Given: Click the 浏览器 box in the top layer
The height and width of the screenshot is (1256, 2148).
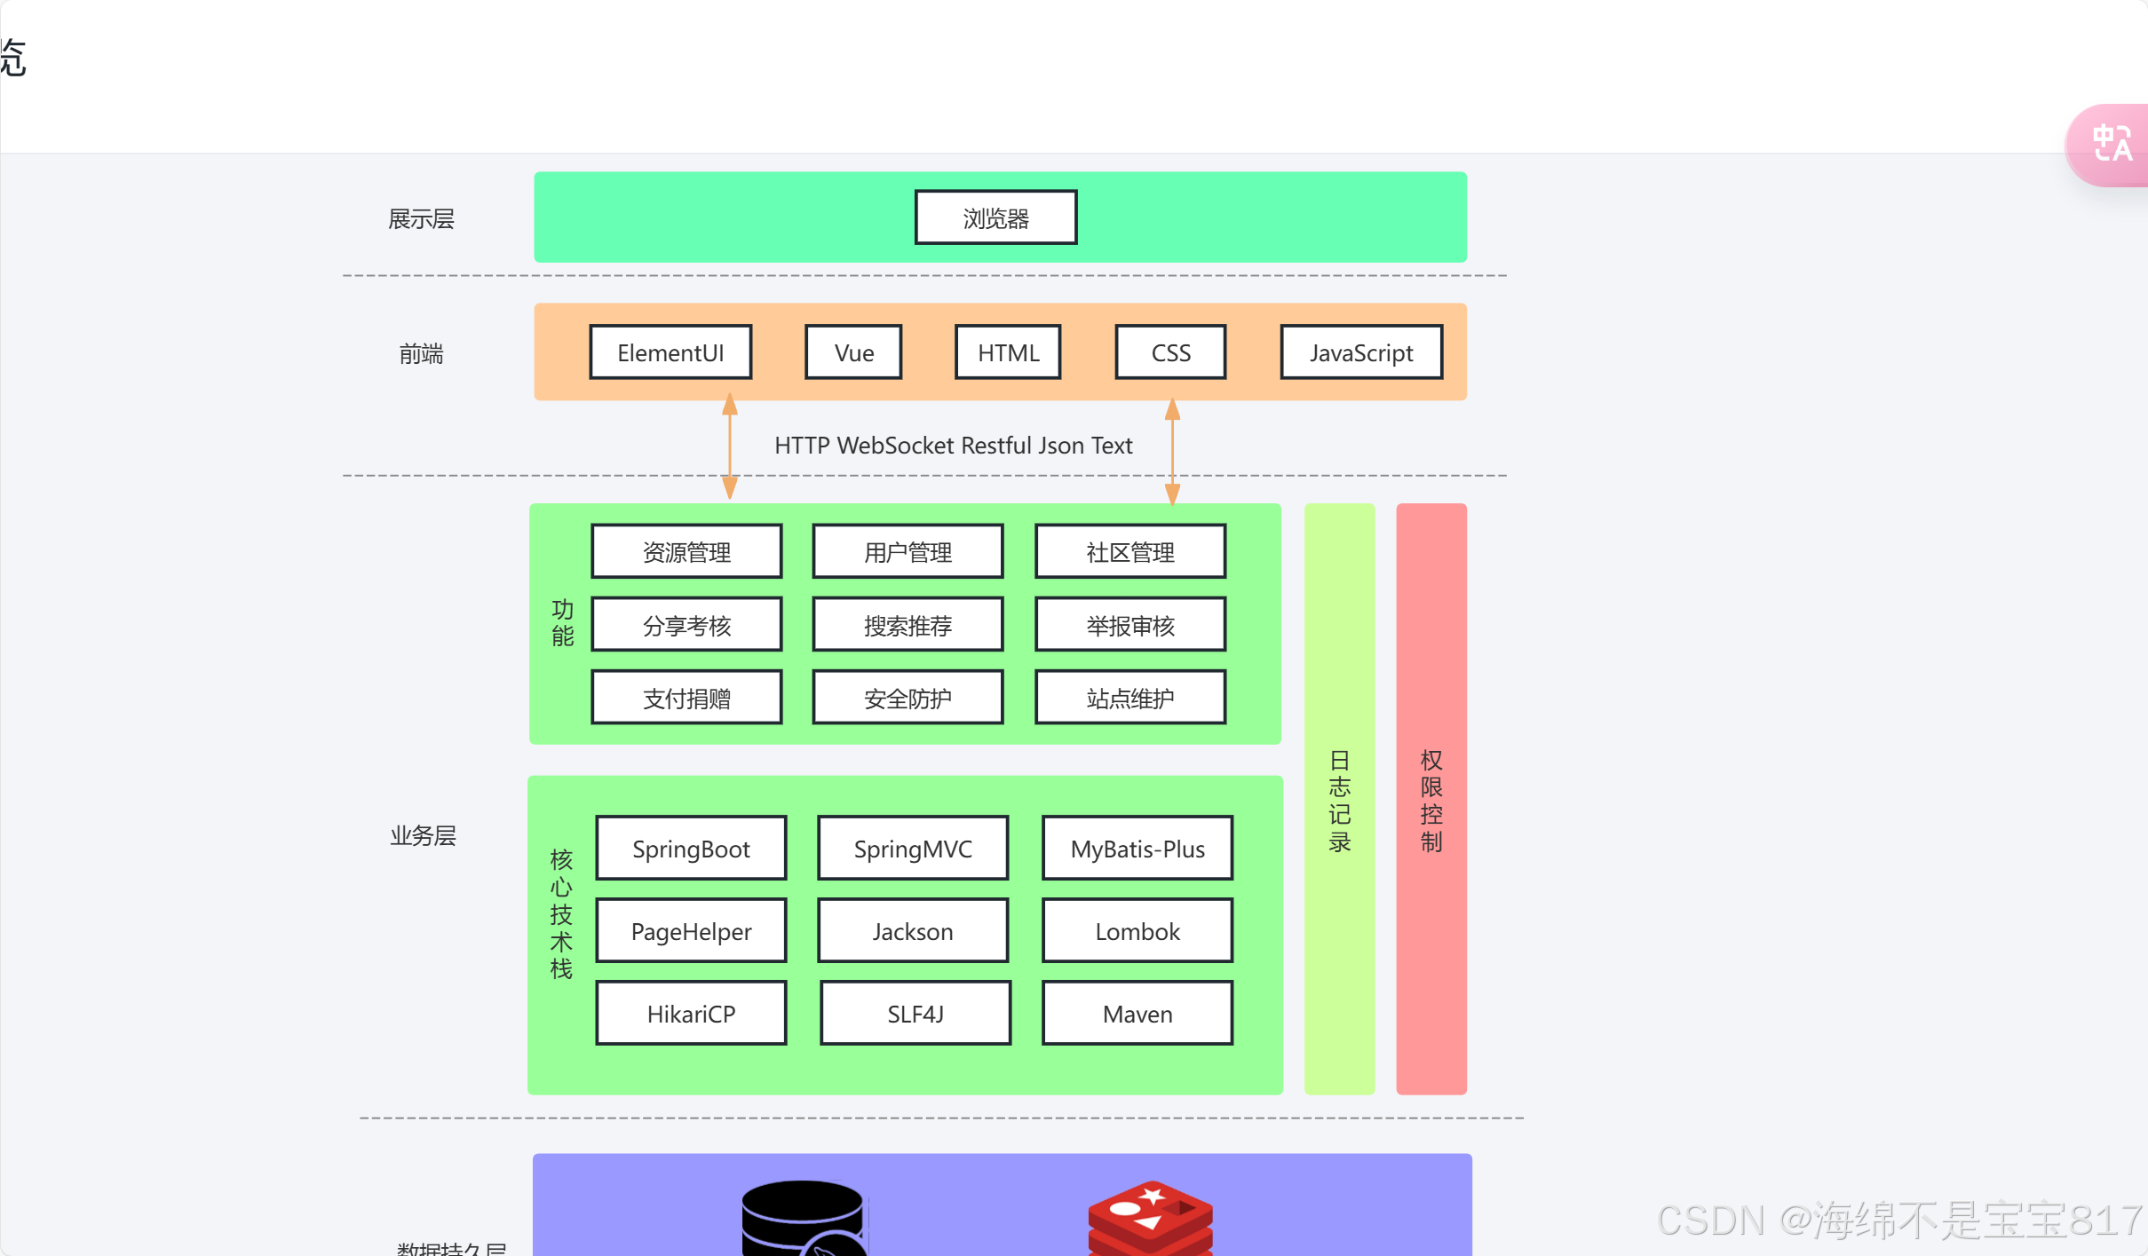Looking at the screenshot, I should tap(995, 217).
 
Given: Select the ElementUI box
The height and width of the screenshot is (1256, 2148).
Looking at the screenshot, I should tap(670, 352).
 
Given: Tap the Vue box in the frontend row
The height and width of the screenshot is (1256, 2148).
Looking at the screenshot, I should tap(853, 352).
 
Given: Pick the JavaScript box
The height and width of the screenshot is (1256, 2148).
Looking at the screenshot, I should tap(1360, 352).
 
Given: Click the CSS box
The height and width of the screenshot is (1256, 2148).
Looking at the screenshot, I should tap(1170, 352).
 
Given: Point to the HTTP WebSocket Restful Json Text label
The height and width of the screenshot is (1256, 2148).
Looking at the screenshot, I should tap(953, 446).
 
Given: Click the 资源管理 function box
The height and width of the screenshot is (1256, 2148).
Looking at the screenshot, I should tap(686, 552).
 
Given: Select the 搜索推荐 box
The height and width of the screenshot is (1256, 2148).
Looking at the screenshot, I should tap(908, 626).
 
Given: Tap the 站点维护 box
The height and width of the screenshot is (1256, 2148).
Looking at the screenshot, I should tap(1129, 699).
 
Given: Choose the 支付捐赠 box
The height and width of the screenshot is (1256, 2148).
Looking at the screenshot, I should tap(686, 699).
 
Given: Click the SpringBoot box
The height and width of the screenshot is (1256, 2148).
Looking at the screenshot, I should tap(691, 849).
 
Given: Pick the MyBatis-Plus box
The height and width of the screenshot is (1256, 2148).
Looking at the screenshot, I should tap(1137, 849).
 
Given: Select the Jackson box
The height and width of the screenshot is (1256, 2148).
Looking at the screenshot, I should tap(913, 931).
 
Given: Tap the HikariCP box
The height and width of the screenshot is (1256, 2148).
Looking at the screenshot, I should tap(691, 1014).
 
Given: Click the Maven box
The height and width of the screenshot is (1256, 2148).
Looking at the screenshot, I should tap(1137, 1014).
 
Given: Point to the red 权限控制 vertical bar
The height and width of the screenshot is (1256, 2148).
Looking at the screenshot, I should tap(1431, 799).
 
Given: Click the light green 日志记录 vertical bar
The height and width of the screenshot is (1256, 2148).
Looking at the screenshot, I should tap(1339, 799).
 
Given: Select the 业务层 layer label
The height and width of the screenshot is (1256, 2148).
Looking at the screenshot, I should tap(423, 835).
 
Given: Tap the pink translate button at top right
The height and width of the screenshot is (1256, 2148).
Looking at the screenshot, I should tap(2112, 145).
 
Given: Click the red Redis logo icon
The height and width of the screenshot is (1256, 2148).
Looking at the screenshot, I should tap(1150, 1218).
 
